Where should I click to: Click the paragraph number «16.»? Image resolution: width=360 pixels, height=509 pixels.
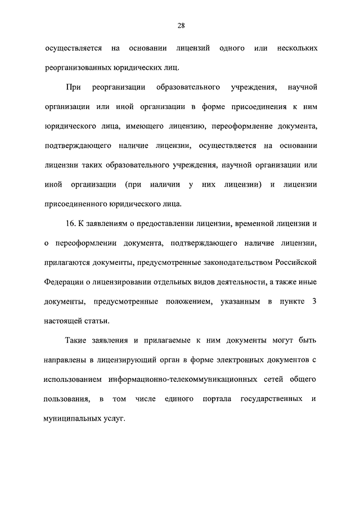pos(70,224)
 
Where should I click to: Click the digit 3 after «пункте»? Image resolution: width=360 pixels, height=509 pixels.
pos(314,302)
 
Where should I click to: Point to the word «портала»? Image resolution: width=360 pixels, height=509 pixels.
pos(210,399)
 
